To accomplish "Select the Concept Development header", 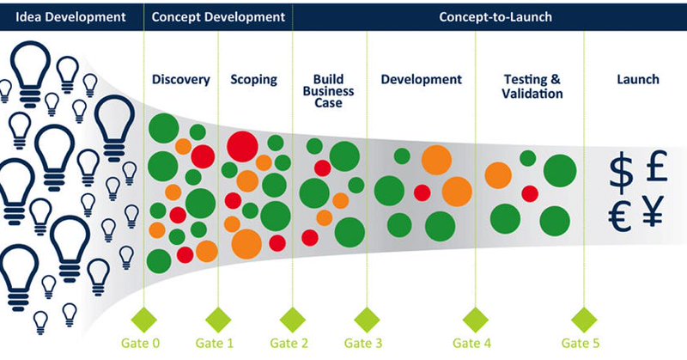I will (x=218, y=16).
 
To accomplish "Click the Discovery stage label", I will (x=180, y=80).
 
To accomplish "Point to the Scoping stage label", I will (x=253, y=80).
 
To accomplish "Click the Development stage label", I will (x=421, y=80).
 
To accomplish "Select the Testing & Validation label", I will (x=532, y=86).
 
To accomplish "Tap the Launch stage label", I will (x=637, y=80).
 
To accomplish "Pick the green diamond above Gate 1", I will (x=218, y=315).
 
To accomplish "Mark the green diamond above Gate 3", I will (x=366, y=315).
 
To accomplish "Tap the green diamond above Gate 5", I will (x=585, y=315).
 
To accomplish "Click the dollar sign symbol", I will (x=622, y=172).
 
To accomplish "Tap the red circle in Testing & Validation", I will (x=530, y=193).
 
